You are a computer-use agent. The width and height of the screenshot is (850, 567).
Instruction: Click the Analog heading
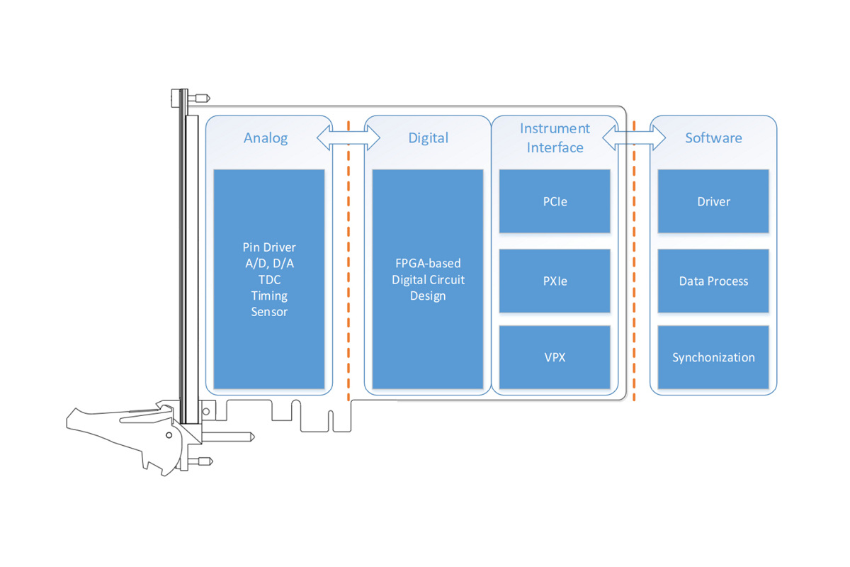coord(266,138)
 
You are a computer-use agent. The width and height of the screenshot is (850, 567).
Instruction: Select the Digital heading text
coord(428,138)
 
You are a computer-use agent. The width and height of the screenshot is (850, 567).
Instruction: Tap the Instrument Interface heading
coord(555,138)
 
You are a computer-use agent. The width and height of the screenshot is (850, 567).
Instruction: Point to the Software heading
coord(713,138)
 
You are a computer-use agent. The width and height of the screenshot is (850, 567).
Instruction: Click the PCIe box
coord(555,201)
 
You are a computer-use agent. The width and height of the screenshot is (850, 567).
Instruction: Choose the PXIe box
coord(555,281)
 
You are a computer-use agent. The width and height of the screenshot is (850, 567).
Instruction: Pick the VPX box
coord(555,357)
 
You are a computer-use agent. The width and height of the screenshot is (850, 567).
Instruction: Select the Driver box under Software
coord(713,201)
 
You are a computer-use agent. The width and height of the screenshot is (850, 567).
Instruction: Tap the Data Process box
coord(713,281)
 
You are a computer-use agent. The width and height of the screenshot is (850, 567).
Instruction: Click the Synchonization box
coord(713,357)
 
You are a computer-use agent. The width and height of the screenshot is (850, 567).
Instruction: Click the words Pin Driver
coord(269,247)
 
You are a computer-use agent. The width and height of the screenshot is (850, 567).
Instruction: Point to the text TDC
coord(269,280)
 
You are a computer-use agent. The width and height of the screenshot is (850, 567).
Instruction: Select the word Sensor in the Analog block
coord(269,312)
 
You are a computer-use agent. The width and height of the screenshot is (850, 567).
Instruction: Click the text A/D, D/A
coord(269,264)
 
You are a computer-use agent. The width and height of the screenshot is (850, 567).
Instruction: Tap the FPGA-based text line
coord(428,263)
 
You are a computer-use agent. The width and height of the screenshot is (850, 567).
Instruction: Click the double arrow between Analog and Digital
coord(348,137)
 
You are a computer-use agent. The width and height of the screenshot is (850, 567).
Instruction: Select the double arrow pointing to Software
coord(634,137)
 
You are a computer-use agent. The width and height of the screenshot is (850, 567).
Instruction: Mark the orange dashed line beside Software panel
coord(634,261)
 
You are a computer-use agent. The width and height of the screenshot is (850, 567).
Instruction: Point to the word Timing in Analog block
coord(269,296)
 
